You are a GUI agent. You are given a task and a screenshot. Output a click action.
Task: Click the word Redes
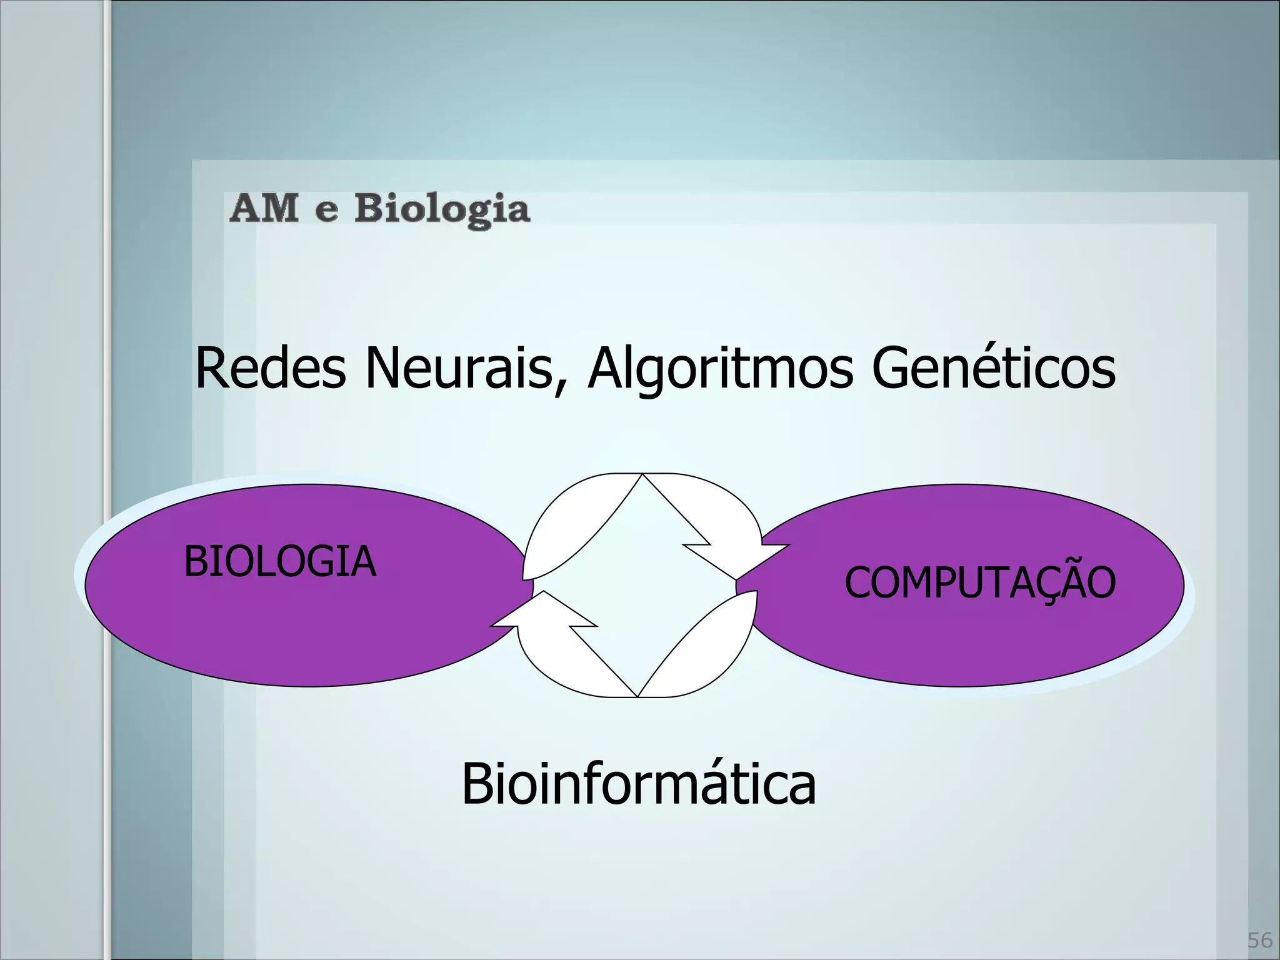(x=270, y=368)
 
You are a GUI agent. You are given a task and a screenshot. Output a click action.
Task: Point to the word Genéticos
(x=993, y=368)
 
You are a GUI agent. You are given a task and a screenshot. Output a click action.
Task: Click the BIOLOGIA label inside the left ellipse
(x=279, y=561)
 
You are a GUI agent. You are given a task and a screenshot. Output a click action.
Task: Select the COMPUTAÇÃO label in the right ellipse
(x=979, y=582)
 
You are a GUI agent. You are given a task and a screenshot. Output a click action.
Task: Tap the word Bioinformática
(x=638, y=784)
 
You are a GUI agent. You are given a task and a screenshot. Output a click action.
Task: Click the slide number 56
(x=1260, y=941)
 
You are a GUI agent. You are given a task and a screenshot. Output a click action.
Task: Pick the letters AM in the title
(x=263, y=209)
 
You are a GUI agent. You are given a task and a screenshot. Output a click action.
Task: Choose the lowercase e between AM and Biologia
(x=327, y=212)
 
